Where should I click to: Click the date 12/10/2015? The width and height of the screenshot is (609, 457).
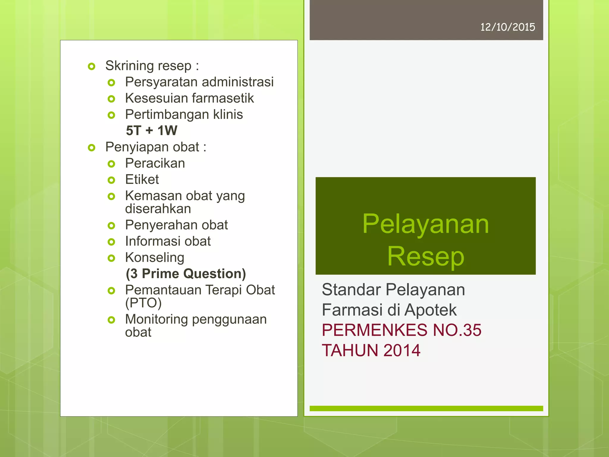coord(508,27)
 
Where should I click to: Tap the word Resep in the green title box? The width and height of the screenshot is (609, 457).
coord(426,256)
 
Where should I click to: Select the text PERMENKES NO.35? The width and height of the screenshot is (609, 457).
coord(401,330)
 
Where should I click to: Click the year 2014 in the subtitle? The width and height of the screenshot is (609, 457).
coord(402,350)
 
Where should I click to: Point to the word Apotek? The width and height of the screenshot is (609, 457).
coord(430,310)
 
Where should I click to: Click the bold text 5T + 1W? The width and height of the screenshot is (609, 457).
coord(152,131)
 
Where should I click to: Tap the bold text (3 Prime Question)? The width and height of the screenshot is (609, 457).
coord(186,273)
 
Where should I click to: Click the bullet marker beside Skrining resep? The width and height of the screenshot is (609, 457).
coord(92,66)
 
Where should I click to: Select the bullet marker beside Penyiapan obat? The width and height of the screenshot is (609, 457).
coord(92,148)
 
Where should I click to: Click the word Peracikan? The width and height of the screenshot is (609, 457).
coord(155,163)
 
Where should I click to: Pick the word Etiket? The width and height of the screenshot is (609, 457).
coord(142,179)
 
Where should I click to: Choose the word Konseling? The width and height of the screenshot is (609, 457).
coord(155,258)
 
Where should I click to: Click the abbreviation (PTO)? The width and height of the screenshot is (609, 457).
coord(143,303)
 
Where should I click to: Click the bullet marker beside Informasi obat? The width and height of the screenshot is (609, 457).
coord(111,242)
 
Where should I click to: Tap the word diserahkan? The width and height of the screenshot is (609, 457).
coord(158,209)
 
